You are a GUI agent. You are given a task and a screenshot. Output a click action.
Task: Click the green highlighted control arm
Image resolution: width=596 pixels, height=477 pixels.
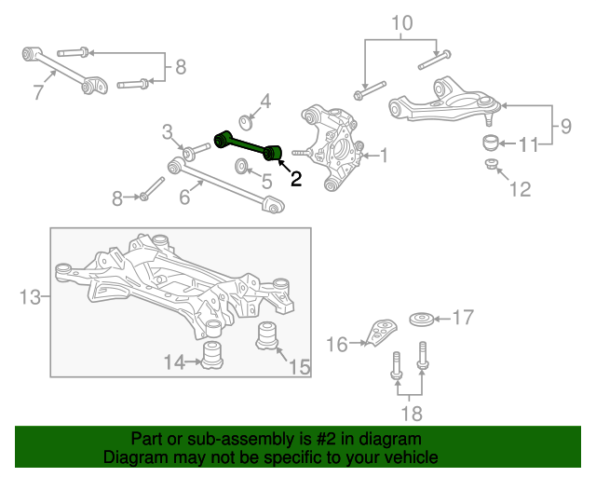[248, 145]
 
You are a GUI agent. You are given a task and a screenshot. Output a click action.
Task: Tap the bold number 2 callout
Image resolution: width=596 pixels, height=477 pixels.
[296, 179]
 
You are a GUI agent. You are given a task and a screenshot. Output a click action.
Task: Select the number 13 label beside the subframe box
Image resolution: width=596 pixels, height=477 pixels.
[30, 297]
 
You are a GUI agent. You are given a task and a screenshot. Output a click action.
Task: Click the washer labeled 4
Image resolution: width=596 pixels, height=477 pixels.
[246, 122]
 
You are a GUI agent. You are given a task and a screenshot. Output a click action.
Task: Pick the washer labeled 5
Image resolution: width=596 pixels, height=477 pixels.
[241, 166]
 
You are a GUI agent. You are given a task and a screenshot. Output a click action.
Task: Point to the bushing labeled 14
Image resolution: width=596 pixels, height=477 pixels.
[212, 355]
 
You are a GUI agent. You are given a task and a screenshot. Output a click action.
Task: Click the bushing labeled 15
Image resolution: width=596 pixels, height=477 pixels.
[267, 336]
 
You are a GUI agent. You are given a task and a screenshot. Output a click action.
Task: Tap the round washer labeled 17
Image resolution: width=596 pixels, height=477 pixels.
[422, 320]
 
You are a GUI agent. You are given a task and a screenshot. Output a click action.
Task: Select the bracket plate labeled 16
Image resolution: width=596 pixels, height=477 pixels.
[381, 333]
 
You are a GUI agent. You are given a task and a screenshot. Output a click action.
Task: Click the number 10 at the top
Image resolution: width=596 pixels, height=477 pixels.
[401, 23]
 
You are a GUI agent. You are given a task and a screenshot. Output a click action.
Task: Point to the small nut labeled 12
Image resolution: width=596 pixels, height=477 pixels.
[491, 164]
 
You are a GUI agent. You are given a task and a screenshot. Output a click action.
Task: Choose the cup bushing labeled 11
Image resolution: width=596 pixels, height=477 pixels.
[491, 143]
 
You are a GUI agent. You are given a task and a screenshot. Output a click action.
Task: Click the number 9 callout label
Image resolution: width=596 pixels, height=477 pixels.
[566, 126]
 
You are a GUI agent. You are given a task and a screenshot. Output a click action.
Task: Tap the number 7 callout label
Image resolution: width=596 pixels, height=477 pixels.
[38, 92]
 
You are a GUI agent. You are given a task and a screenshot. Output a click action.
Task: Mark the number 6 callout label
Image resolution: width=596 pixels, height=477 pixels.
[184, 197]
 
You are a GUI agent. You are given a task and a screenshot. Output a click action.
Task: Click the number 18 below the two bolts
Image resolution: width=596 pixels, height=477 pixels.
[412, 414]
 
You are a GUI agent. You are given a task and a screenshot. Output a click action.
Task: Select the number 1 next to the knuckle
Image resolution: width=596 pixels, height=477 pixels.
[385, 156]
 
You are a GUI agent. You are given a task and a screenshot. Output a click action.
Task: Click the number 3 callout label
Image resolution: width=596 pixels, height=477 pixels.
[168, 132]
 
